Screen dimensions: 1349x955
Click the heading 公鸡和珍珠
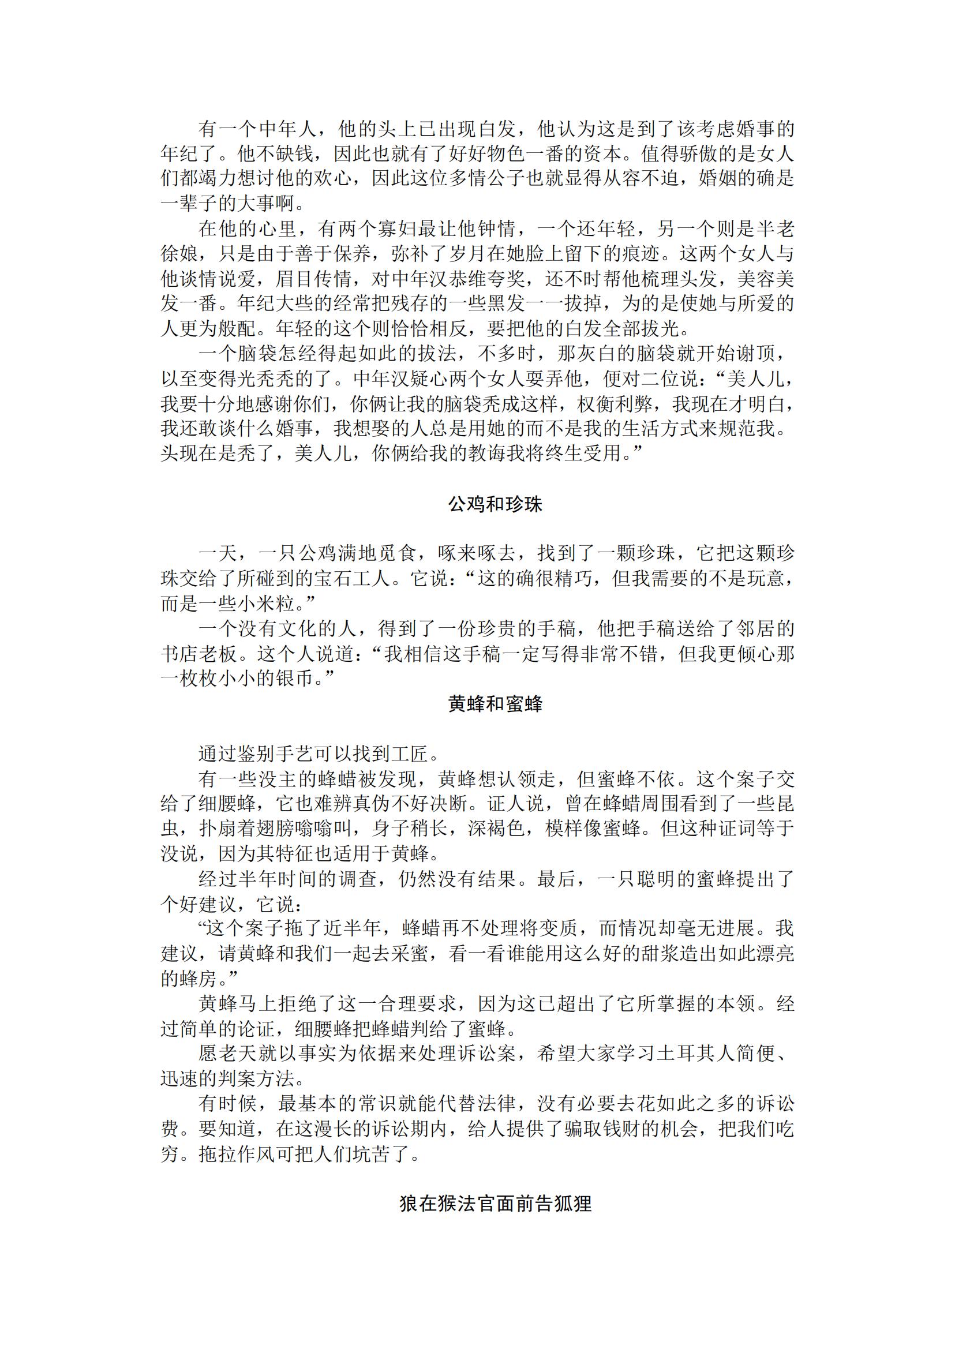pos(495,504)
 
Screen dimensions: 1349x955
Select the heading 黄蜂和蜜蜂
pos(495,703)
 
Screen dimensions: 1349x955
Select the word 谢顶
pos(756,354)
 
